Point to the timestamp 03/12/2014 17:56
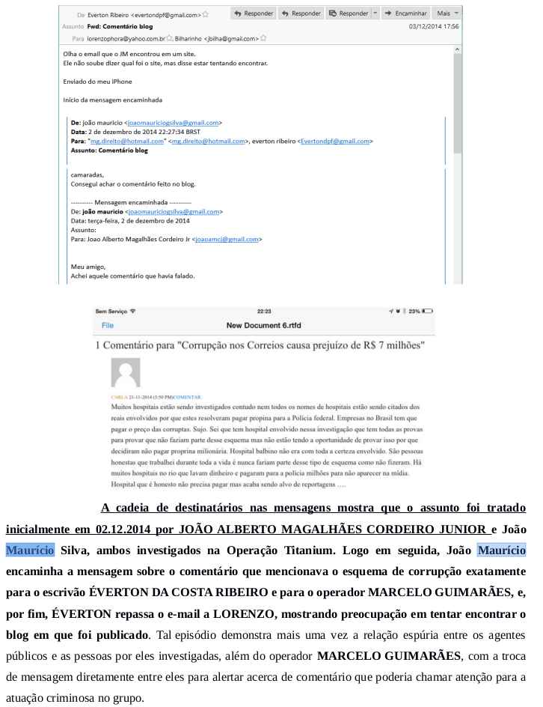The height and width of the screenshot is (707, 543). pyautogui.click(x=433, y=25)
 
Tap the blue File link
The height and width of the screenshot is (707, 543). pyautogui.click(x=108, y=326)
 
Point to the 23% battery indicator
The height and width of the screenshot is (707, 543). pyautogui.click(x=421, y=310)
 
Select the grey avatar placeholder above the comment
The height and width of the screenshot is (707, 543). pyautogui.click(x=125, y=372)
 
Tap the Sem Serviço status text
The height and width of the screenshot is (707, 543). pyautogui.click(x=112, y=310)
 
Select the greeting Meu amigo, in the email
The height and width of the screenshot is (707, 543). pyautogui.click(x=88, y=266)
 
